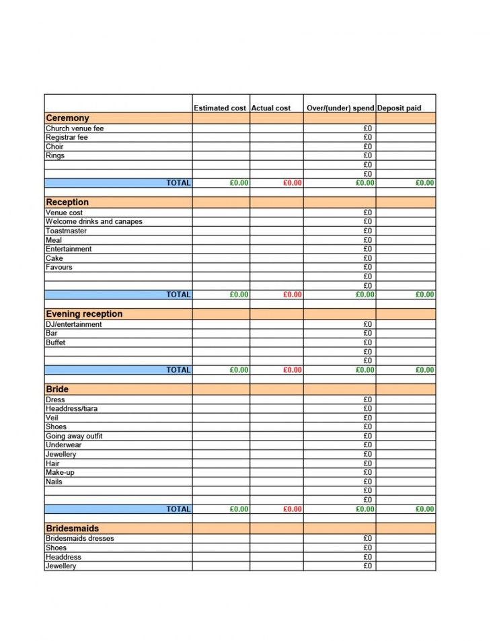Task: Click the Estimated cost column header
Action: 220,108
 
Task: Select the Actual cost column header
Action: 271,108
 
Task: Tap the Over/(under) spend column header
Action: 340,108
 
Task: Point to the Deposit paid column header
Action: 399,108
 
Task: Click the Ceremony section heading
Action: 67,118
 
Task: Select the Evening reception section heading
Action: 84,314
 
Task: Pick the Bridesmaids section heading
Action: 73,529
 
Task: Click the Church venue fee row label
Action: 75,128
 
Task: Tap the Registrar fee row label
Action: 67,137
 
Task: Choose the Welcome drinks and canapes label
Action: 94,221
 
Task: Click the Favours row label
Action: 59,267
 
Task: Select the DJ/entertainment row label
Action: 74,324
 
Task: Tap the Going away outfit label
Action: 74,436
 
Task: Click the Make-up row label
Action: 60,472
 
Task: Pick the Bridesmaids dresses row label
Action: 80,538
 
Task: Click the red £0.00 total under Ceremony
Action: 293,183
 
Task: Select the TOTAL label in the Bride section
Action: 178,509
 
